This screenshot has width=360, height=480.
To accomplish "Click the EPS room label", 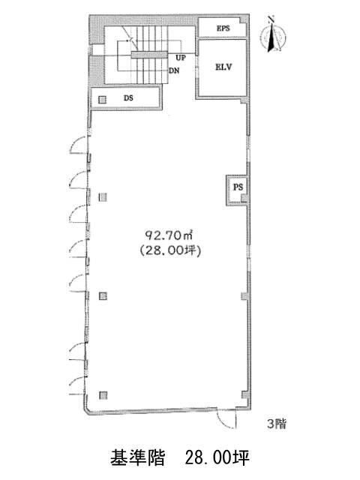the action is coord(223,28).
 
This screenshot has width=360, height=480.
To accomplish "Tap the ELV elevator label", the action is coord(223,67).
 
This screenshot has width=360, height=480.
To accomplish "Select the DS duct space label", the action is coord(128,98).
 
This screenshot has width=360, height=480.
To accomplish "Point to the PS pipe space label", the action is coord(238,187).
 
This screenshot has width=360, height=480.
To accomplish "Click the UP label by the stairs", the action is coord(181,58).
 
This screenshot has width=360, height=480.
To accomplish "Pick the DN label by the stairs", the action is coord(174,70).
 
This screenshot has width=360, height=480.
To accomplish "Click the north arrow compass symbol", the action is coord(273,35).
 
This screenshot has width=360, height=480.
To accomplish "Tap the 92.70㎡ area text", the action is coord(169,235).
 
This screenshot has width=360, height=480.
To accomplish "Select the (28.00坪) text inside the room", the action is coord(170,250).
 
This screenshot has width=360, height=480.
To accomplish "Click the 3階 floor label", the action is coord(277,424).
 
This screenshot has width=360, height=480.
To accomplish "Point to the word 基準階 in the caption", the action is coord(138,457).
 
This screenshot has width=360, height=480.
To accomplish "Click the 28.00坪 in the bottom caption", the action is coord(217,457).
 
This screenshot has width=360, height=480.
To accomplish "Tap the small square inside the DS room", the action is coord(102,100).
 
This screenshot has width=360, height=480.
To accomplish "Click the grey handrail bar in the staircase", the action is coord(149,55).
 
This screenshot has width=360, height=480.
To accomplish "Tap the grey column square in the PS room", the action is coord(244,198).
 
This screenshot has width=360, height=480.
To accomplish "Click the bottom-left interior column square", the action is coord(103,395).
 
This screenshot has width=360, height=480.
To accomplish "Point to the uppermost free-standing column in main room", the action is coord(103,197).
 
